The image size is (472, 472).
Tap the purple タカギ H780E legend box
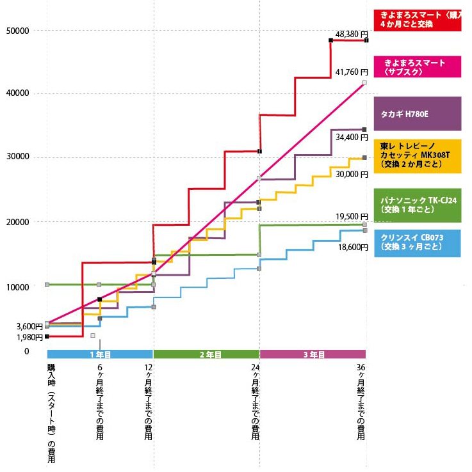pyautogui.click(x=417, y=114)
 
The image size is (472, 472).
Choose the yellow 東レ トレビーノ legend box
pyautogui.click(x=417, y=155)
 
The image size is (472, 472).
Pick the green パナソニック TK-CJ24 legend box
pyautogui.click(x=417, y=205)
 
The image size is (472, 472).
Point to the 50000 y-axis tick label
pyautogui.click(x=17, y=30)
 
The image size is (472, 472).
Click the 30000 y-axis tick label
pyautogui.click(x=17, y=158)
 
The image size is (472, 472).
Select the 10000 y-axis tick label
pyautogui.click(x=17, y=287)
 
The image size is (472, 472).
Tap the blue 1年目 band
pyautogui.click(x=100, y=354)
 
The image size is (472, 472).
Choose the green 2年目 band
pyautogui.click(x=206, y=354)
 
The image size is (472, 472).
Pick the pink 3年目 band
pyautogui.click(x=313, y=354)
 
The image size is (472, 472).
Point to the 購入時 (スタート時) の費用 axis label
pyautogui.click(x=51, y=413)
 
